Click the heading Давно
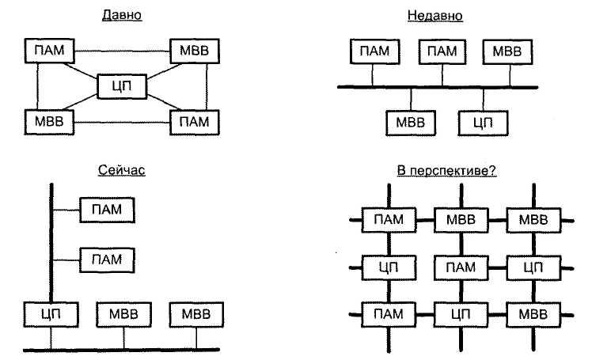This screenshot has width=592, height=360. tap(122, 15)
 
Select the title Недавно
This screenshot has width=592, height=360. tap(435, 16)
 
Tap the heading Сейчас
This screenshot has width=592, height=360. tap(122, 170)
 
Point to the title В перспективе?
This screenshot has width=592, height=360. tap(446, 171)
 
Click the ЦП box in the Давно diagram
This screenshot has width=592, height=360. tap(122, 86)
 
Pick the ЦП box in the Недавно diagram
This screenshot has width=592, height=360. tap(483, 123)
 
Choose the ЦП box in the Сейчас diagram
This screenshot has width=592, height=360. tap(51, 314)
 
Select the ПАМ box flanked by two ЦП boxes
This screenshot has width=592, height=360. tap(461, 267)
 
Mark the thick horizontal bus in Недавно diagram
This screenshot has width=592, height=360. tap(438, 87)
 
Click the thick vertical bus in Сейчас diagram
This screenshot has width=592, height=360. tap(51, 243)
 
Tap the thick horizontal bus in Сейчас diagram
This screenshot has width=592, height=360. tap(122, 350)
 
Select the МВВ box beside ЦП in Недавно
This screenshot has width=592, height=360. tap(411, 123)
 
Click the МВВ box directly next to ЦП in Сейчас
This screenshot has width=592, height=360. tap(123, 314)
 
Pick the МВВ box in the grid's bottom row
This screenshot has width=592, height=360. tap(533, 314)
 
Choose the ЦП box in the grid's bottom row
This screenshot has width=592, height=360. tap(461, 314)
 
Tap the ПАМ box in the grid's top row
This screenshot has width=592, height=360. tap(389, 220)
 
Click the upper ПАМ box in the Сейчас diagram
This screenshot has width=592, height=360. tap(107, 210)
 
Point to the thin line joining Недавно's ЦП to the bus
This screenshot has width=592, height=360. tap(484, 100)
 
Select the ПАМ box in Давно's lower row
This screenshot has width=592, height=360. tap(195, 123)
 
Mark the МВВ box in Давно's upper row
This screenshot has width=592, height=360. tap(195, 51)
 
